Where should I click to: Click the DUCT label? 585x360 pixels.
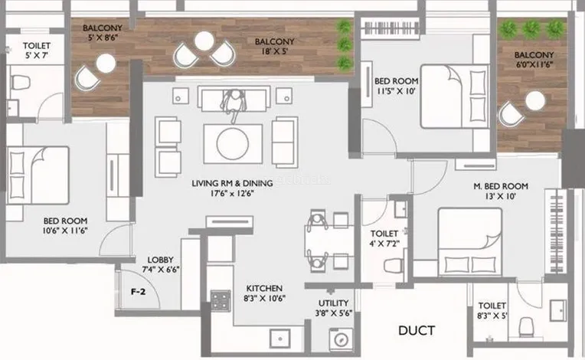(x=417, y=331)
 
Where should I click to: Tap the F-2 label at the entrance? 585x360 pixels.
(x=138, y=292)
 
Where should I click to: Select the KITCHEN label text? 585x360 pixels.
(x=264, y=288)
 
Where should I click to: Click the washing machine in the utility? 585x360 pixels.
(x=341, y=339)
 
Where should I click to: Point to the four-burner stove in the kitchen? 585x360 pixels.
(x=221, y=301)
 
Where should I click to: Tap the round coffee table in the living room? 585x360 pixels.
(x=233, y=144)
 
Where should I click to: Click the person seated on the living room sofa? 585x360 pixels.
(x=234, y=104)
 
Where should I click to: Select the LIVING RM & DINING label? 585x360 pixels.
(x=232, y=183)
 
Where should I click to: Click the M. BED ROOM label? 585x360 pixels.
(x=501, y=186)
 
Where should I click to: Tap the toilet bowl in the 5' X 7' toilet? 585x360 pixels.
(x=20, y=82)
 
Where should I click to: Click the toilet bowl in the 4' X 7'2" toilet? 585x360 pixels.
(x=394, y=266)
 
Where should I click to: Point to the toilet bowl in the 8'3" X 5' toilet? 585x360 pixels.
(x=527, y=326)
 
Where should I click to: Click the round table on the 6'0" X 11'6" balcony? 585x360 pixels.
(x=535, y=101)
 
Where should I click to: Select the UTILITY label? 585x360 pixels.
(x=334, y=303)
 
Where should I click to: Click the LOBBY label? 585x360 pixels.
(x=161, y=260)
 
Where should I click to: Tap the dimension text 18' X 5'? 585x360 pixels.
(x=275, y=51)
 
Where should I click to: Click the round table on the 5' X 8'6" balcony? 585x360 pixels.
(x=106, y=64)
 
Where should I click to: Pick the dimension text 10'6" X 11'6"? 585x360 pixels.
(x=65, y=231)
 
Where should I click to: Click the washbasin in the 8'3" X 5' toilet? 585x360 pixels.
(x=558, y=310)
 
